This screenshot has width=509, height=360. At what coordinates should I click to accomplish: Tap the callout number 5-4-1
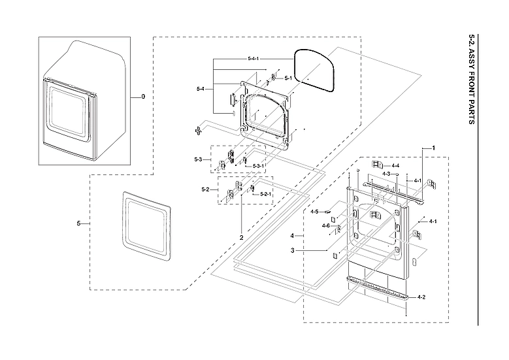tap(254, 59)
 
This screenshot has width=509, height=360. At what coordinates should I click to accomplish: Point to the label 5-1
tap(287, 78)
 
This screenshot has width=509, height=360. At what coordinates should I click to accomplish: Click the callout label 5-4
tap(201, 88)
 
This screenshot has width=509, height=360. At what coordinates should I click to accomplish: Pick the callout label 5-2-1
tap(266, 194)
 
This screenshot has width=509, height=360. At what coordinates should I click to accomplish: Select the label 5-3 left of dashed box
tap(198, 159)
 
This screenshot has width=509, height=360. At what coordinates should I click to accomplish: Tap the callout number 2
tap(241, 237)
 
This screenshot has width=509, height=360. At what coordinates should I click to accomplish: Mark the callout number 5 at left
tap(79, 224)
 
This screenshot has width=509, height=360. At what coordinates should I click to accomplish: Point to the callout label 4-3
tap(386, 174)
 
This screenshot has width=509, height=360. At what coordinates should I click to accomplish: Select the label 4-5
tap(314, 212)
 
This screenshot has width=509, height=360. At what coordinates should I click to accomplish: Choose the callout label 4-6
tap(325, 225)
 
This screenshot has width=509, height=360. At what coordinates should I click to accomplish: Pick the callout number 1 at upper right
tap(433, 148)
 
